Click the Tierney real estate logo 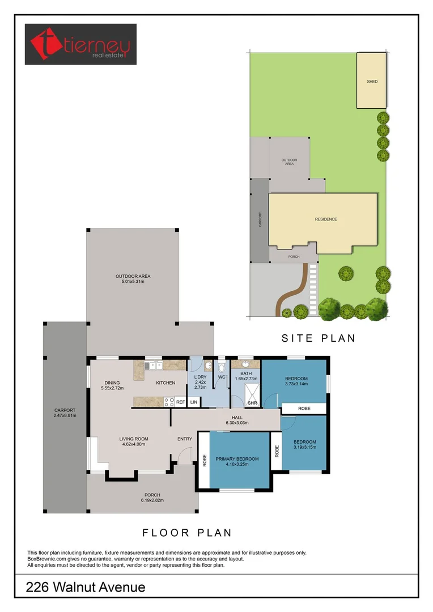tap(80, 44)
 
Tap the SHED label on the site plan tap(372, 82)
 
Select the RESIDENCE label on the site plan tap(326, 219)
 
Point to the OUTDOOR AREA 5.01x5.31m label tap(133, 279)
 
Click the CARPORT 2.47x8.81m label tap(65, 413)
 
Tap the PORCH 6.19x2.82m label tap(152, 498)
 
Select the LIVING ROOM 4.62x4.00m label tap(133, 441)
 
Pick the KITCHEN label tap(165, 383)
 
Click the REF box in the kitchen tap(180, 402)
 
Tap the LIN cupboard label tap(193, 402)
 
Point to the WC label tap(222, 377)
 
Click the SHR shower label tap(253, 403)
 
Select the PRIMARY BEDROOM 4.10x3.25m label tap(237, 462)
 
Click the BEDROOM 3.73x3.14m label tap(296, 381)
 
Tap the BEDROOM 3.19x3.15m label tap(304, 445)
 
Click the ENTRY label tap(185, 439)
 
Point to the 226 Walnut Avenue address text tap(86, 588)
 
